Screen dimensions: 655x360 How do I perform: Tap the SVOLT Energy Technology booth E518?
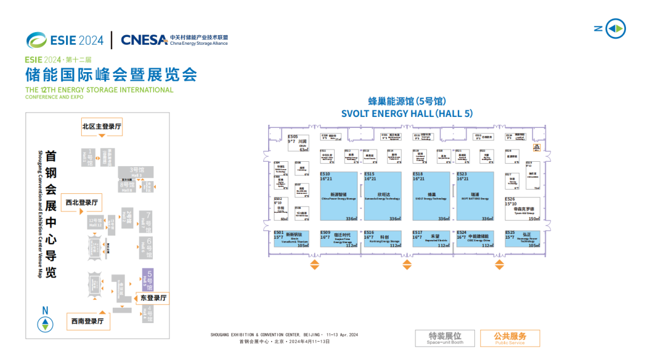pyautogui.click(x=431, y=196)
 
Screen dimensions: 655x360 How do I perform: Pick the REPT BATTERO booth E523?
pyautogui.click(x=475, y=196)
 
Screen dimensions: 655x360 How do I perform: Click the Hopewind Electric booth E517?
pyautogui.click(x=431, y=239)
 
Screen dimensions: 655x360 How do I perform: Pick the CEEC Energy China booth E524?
pyautogui.click(x=475, y=239)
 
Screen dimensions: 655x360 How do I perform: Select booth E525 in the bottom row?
pyautogui.click(x=522, y=239)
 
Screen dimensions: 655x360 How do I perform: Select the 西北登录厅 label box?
pyautogui.click(x=82, y=202)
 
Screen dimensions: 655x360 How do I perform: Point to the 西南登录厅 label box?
pyautogui.click(x=87, y=321)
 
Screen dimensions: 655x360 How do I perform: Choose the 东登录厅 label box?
pyautogui.click(x=153, y=298)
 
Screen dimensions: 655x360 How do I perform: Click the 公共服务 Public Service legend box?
pyautogui.click(x=510, y=338)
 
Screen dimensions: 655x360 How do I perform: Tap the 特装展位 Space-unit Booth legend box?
pyautogui.click(x=445, y=338)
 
